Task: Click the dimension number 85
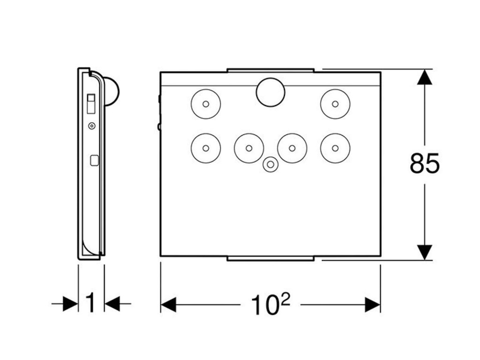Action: [424, 164]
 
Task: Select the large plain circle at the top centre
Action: [270, 92]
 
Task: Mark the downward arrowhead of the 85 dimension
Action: [425, 253]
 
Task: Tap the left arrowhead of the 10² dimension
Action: [168, 305]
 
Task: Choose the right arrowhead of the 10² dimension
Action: [373, 305]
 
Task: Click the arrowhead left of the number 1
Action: [70, 304]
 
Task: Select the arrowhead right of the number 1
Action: [112, 304]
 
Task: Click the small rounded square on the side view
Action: [94, 161]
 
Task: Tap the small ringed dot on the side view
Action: [91, 126]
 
